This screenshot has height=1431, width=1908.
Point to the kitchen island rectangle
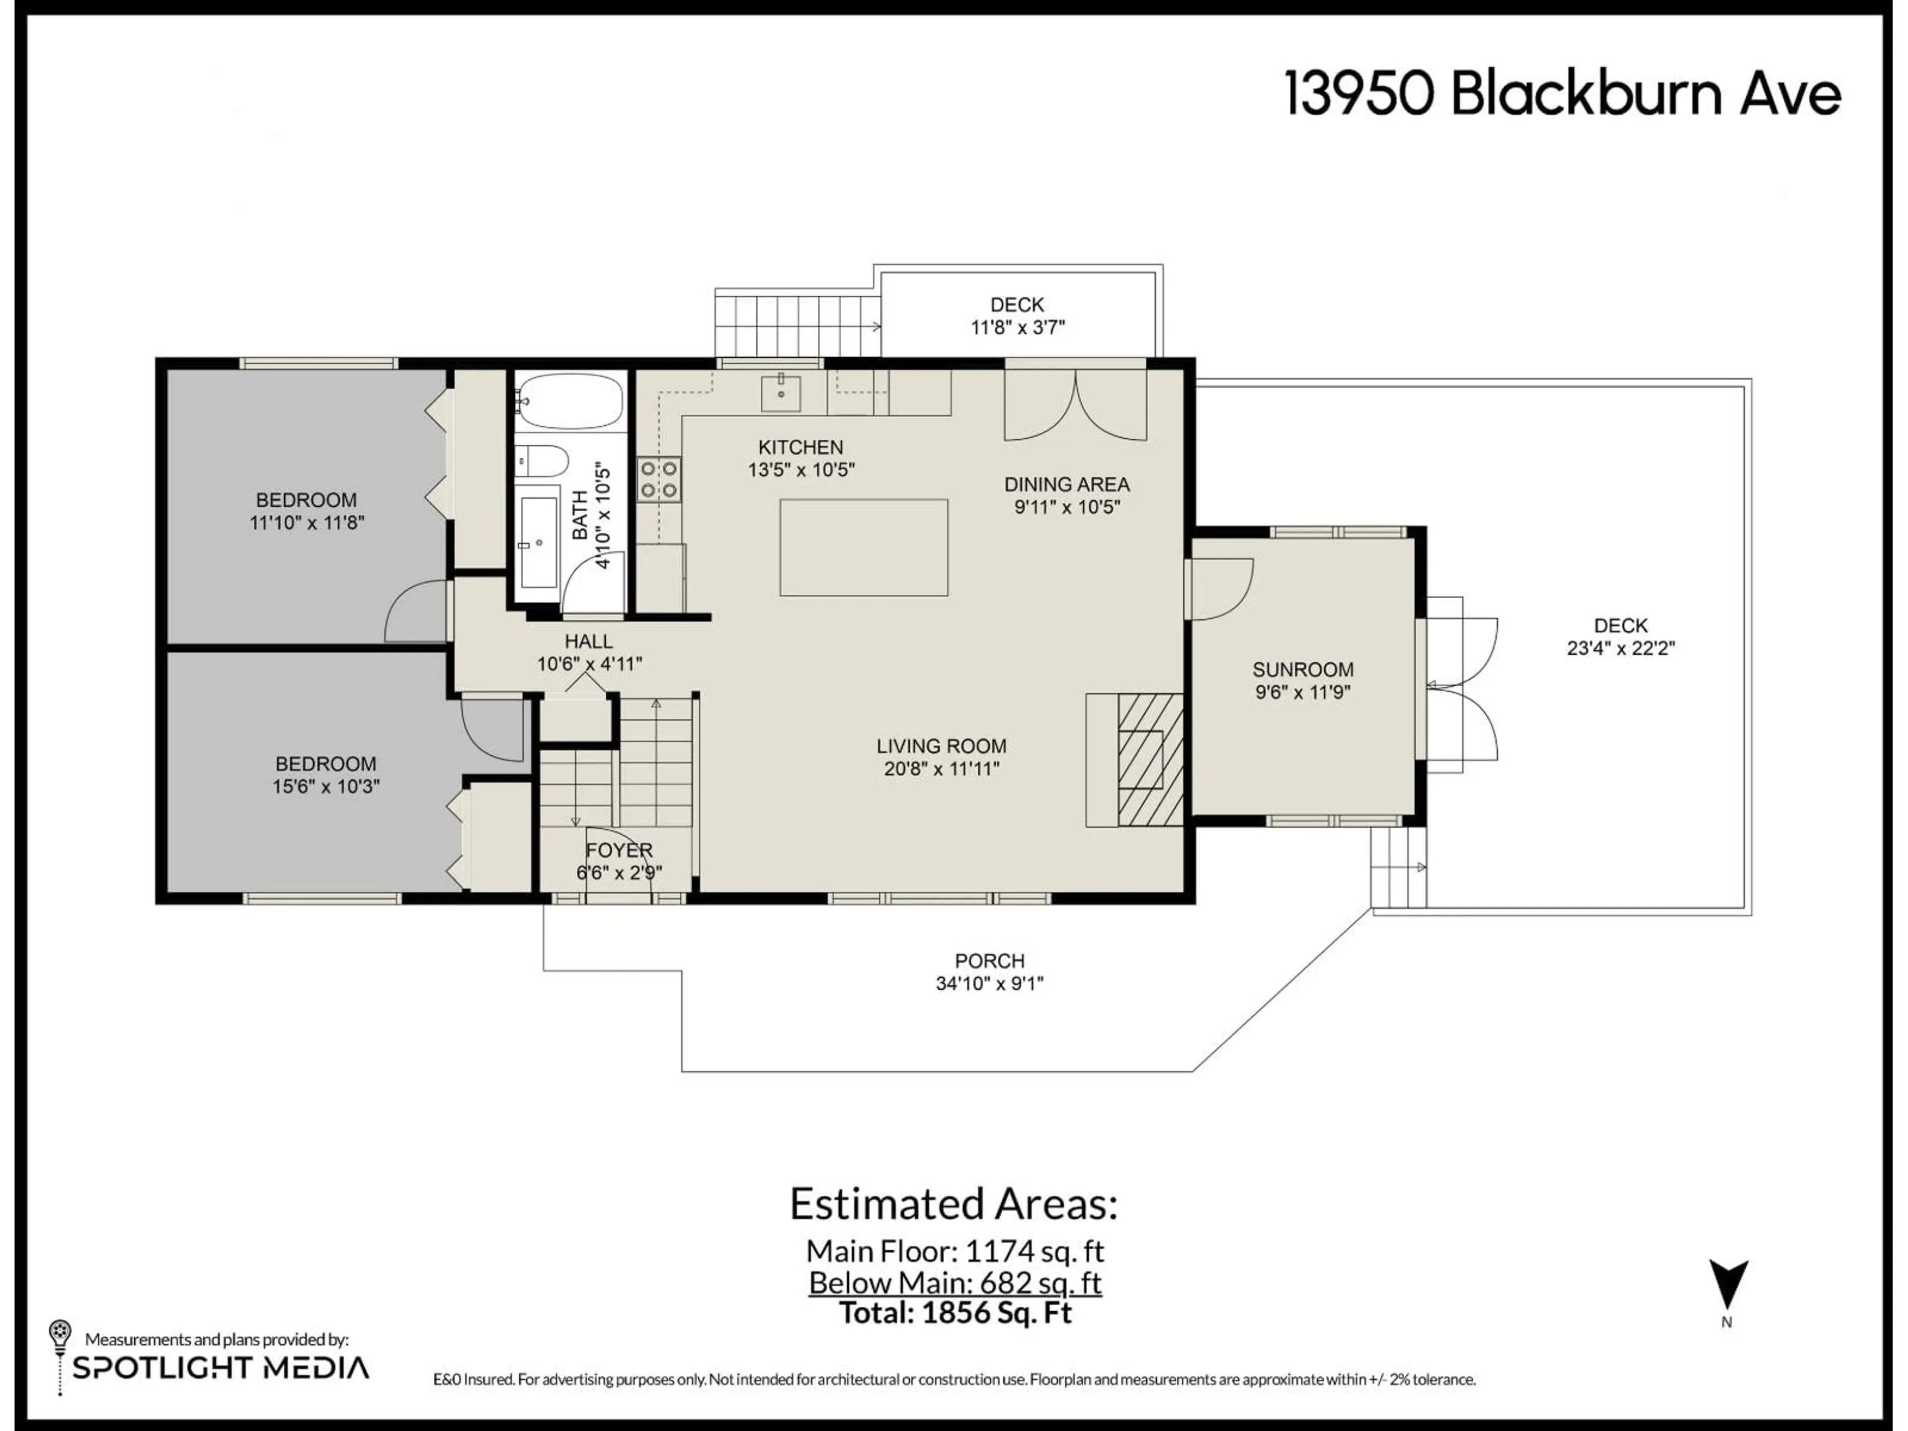pyautogui.click(x=864, y=547)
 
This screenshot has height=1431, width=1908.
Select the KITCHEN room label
pyautogui.click(x=800, y=447)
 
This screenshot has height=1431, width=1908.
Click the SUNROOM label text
pyautogui.click(x=1302, y=669)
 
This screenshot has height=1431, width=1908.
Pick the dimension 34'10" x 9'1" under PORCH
pyautogui.click(x=989, y=983)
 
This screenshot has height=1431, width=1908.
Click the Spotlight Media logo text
pyautogui.click(x=221, y=1368)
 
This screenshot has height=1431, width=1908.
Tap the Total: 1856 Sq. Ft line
pyautogui.click(x=955, y=1313)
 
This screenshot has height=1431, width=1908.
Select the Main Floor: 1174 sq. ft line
pyautogui.click(x=955, y=1251)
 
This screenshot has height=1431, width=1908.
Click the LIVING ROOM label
pyautogui.click(x=941, y=746)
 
